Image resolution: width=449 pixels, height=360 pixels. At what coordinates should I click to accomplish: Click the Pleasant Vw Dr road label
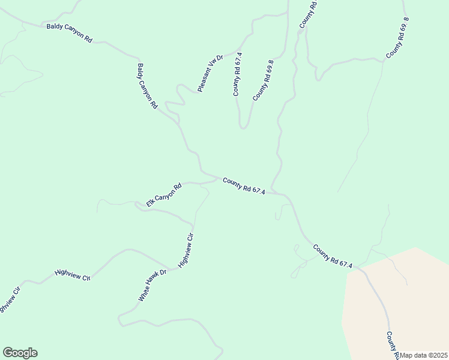coord(210,73)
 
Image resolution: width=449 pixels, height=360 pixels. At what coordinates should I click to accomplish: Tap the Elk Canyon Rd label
coord(163,196)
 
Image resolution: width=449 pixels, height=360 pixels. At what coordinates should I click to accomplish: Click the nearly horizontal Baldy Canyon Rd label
coord(70,33)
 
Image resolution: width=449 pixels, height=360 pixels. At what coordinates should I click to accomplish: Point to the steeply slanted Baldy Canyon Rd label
coord(147,86)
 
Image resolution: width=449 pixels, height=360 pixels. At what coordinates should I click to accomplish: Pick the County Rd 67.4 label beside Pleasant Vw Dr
coord(238,74)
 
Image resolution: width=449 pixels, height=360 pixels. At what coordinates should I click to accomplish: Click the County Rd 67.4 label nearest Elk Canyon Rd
coord(244,185)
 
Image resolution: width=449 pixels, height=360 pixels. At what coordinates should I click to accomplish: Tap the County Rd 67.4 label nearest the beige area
coord(332,256)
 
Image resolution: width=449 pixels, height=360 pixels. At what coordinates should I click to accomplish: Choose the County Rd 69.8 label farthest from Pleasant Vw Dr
coord(398,38)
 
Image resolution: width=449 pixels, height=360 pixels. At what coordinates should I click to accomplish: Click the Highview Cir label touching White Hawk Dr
coord(187,250)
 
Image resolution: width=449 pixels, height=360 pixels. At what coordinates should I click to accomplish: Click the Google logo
coord(20,353)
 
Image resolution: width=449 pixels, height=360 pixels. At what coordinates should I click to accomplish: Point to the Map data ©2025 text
coord(424,355)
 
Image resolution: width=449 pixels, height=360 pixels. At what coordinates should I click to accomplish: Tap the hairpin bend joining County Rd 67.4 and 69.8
coord(243,127)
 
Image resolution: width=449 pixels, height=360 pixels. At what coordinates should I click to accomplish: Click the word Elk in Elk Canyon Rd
coord(150,203)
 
